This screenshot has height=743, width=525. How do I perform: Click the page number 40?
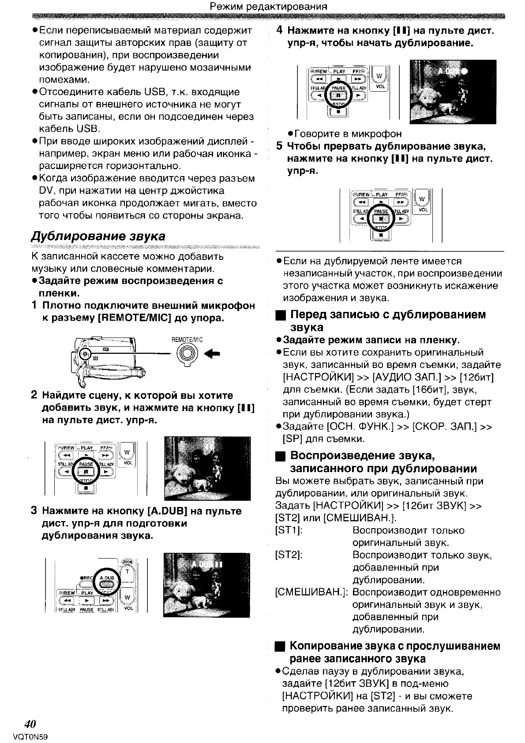click(x=30, y=724)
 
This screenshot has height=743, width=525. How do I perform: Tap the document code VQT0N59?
click(x=30, y=737)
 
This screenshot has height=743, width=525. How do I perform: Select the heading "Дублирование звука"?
click(x=98, y=236)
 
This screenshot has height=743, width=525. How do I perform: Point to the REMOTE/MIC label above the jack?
click(x=187, y=340)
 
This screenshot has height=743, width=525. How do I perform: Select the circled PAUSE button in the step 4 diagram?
click(x=338, y=94)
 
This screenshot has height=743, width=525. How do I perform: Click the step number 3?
click(x=34, y=511)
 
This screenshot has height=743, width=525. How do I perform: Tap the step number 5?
click(x=279, y=146)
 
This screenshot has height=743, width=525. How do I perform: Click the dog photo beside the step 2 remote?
click(x=207, y=468)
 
